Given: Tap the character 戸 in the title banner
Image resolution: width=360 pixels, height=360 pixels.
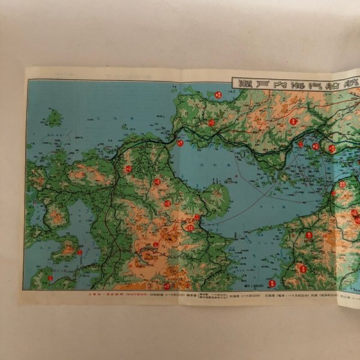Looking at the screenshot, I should point(260,83).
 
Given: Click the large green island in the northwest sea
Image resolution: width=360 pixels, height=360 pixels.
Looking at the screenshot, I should point(55,118).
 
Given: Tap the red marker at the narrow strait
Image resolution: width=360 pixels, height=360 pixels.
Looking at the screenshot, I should point(180,143).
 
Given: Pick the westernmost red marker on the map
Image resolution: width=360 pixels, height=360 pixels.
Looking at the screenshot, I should point(50,278).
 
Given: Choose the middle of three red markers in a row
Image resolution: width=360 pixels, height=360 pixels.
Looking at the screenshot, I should point(316,146).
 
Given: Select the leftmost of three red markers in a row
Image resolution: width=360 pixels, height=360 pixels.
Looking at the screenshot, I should point(301,144).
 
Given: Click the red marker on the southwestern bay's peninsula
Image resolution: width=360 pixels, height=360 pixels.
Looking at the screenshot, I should point(79,252).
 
